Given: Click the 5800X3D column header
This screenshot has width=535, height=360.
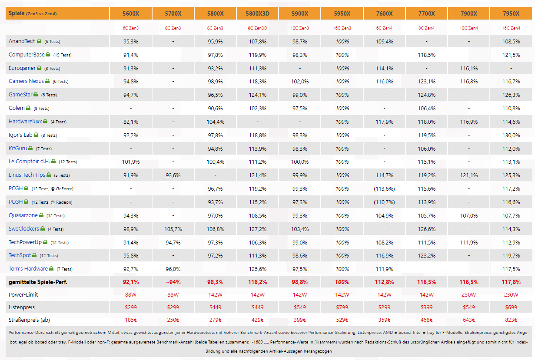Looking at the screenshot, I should tap(258, 13).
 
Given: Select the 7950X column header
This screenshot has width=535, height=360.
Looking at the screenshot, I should tap(511, 13).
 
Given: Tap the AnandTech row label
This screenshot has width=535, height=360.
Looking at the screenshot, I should tap(22, 41).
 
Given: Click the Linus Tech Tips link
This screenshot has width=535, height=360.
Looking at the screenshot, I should tap(27, 175).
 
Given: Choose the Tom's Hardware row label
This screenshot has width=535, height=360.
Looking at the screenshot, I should tap(28, 269).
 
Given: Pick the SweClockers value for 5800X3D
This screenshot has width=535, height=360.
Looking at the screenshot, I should tap(258, 229).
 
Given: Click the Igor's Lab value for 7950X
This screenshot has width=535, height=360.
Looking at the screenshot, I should tap(511, 135).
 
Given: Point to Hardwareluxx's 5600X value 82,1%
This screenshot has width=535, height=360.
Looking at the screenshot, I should tap(131, 122).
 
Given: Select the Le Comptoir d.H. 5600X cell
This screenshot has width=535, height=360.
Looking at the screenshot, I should tap(131, 162).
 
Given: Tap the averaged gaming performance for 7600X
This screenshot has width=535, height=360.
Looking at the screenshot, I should tap(384, 282).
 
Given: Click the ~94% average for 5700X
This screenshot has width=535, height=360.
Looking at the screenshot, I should tap(173, 282).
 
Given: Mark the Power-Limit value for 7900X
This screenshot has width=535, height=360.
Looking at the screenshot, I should tap(469, 294).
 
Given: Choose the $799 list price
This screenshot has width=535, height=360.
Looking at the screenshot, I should tap(342, 307).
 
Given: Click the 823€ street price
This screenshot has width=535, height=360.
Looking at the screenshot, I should tap(511, 320).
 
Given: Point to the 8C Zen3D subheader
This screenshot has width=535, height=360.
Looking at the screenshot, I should tap(258, 28).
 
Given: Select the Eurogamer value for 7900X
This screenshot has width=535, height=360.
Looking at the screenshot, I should tap(469, 68).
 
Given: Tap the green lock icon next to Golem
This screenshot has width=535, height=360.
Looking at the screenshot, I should tap(28, 108).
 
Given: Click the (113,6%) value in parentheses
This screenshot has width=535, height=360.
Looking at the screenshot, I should tap(384, 189).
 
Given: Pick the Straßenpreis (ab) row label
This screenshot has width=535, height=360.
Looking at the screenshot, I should tap(29, 320).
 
